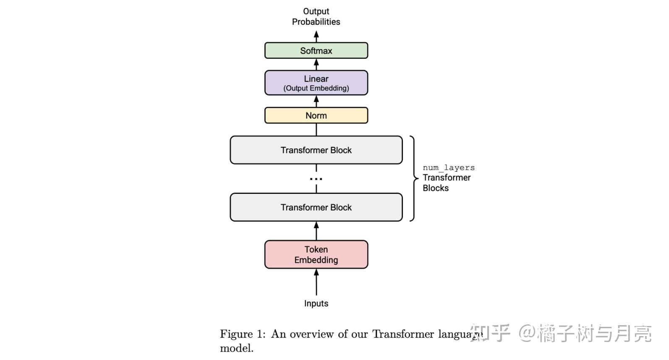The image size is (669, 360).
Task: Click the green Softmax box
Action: [x=316, y=51]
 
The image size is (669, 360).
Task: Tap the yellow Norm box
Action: [x=316, y=115]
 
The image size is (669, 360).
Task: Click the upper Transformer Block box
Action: [x=316, y=150]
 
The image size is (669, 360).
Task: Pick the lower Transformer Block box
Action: [x=316, y=207]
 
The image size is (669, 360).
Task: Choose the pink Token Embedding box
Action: [x=316, y=254]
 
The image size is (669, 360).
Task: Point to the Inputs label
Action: [x=316, y=303]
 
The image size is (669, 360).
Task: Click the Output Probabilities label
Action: [x=316, y=16]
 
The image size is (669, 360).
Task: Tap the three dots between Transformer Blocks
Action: [x=316, y=179]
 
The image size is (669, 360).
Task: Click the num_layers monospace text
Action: [x=449, y=167]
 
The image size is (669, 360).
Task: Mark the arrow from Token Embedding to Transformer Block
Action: [x=316, y=231]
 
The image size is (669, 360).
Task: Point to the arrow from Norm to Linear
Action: [x=316, y=101]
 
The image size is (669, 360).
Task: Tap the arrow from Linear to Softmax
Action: [x=316, y=64]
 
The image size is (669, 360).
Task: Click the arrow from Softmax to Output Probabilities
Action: [x=316, y=37]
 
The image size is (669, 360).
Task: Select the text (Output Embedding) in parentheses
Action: [x=316, y=88]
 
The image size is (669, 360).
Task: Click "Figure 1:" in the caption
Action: [x=243, y=334]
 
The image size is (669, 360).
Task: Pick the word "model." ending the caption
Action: [x=237, y=348]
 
